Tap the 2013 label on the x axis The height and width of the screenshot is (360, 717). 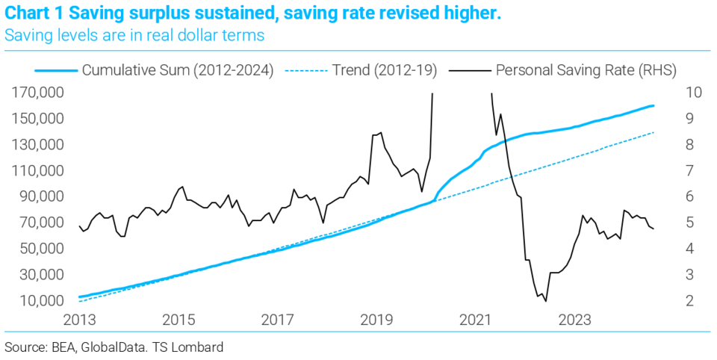pyautogui.click(x=79, y=320)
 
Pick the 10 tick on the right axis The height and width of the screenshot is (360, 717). pyautogui.click(x=692, y=93)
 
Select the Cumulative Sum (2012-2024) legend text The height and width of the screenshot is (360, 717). pyautogui.click(x=177, y=71)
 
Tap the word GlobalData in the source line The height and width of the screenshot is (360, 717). pyautogui.click(x=106, y=347)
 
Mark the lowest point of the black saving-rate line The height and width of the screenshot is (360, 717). pyautogui.click(x=546, y=301)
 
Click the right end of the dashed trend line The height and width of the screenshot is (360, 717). pyautogui.click(x=654, y=132)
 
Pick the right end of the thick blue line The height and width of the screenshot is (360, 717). pyautogui.click(x=654, y=105)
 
